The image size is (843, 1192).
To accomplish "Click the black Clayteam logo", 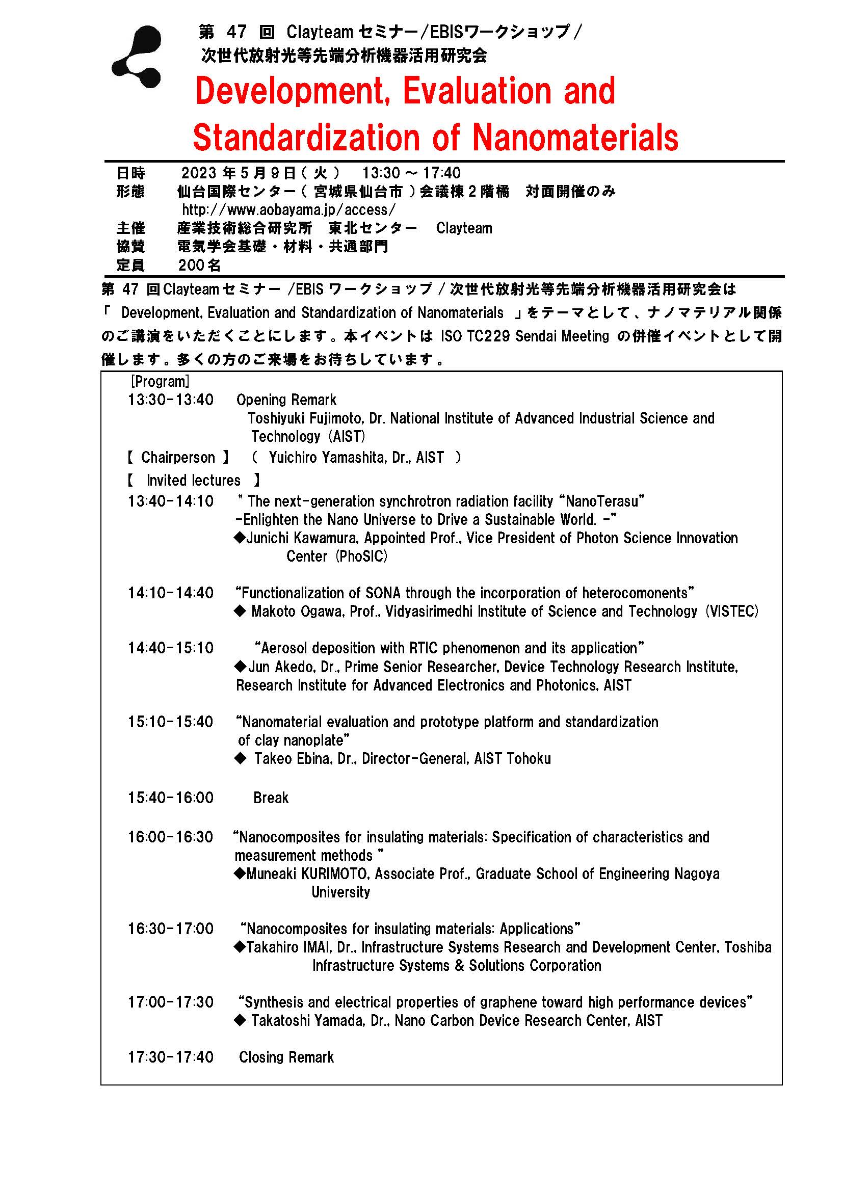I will point(138,57).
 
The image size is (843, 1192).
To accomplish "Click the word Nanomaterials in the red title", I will point(575,138).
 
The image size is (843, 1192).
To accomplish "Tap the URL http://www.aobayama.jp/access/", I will point(288,210).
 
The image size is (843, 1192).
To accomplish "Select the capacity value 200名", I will point(199,266).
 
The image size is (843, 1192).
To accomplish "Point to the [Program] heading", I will point(160,382).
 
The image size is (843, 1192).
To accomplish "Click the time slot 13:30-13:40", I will point(171,400).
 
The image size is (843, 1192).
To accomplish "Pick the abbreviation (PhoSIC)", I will point(361,557).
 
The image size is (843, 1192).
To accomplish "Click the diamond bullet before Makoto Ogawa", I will point(240,612).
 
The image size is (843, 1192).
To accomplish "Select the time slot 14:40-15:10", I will point(171,648).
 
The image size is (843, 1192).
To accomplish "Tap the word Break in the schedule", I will point(271,798).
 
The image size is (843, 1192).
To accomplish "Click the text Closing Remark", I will point(286,1057).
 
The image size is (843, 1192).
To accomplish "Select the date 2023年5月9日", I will point(238,173).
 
